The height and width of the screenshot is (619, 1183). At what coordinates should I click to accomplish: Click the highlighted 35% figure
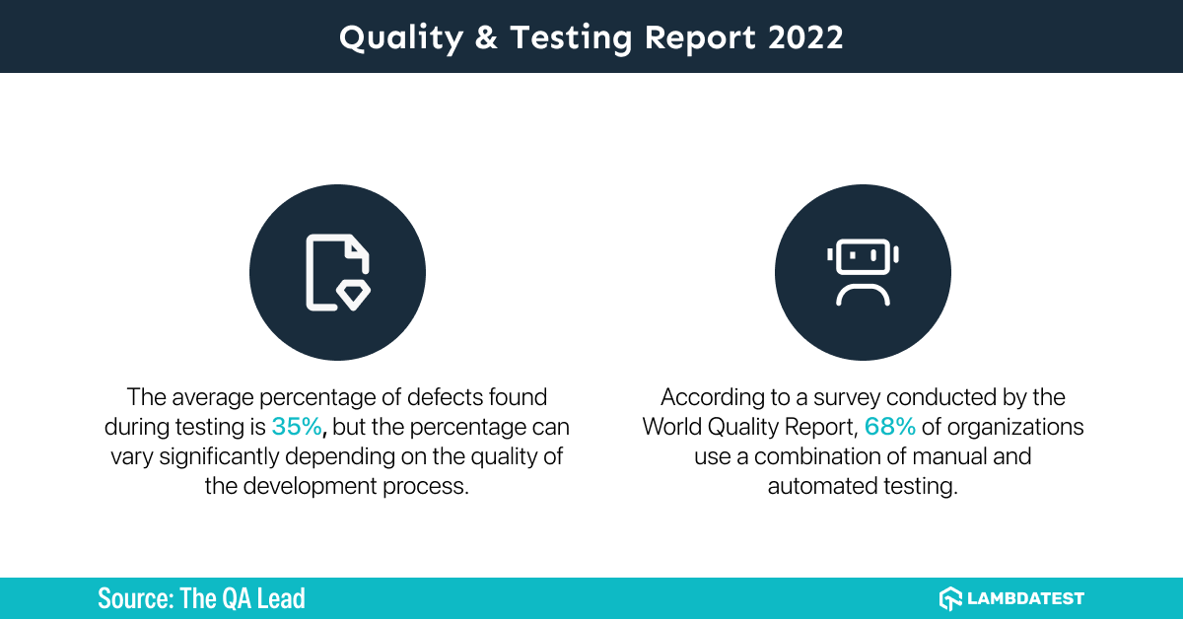click(x=296, y=427)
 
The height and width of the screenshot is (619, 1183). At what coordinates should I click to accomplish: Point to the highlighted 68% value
click(x=889, y=427)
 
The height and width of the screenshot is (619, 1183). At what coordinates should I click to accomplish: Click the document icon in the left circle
click(x=337, y=272)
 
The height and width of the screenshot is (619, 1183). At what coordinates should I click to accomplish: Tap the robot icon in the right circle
click(x=863, y=272)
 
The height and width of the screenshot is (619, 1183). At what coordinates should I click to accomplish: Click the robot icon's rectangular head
click(x=863, y=257)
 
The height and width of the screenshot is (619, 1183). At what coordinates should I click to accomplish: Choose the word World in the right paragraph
click(x=674, y=427)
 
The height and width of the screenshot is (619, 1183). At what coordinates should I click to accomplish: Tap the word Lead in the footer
click(x=283, y=598)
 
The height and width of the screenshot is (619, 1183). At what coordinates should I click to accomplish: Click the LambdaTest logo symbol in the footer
click(x=950, y=598)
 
